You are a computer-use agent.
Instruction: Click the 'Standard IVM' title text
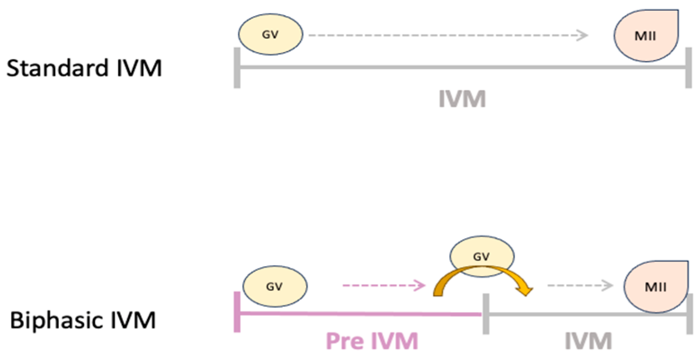click(84, 69)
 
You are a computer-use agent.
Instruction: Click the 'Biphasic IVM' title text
click(83, 320)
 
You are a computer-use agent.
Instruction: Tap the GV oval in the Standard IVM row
click(270, 35)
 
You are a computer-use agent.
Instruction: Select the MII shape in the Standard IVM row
click(646, 36)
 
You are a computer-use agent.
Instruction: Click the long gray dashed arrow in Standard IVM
click(448, 35)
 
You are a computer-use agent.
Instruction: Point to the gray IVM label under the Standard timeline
click(462, 99)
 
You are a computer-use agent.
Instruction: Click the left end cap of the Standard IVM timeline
click(237, 67)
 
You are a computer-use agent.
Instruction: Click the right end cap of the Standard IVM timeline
click(688, 67)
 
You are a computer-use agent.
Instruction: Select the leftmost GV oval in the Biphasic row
click(275, 286)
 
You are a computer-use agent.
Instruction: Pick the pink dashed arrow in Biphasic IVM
click(383, 285)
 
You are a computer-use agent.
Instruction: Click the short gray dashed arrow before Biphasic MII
click(580, 285)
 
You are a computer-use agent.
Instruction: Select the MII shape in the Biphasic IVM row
click(655, 286)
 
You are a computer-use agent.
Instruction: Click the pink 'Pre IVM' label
click(372, 341)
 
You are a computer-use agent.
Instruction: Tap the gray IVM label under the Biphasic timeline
click(588, 341)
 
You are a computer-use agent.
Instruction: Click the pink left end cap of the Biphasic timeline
click(237, 312)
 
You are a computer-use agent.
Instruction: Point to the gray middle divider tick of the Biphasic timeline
click(486, 314)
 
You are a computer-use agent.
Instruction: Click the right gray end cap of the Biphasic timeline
click(689, 314)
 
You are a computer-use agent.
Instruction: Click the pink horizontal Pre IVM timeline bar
click(360, 313)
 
